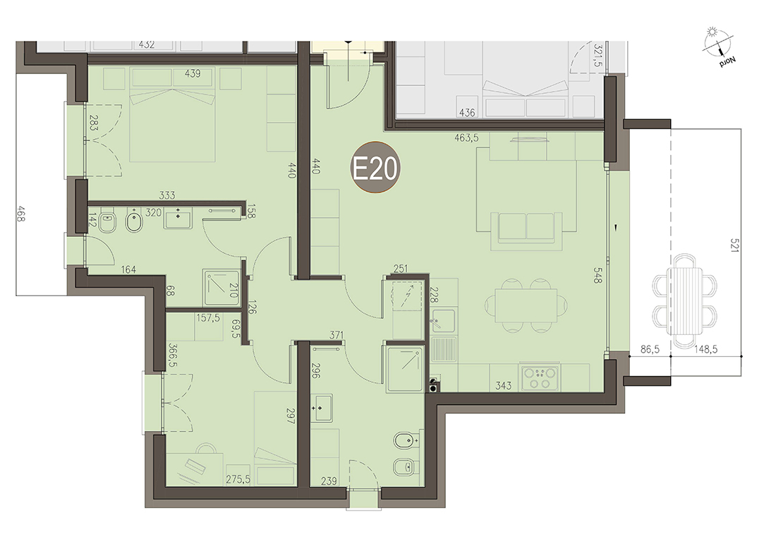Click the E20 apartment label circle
tap(375, 168)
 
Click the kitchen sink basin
tap(443, 320)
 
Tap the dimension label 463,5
tap(466, 138)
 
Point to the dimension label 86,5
tap(650, 349)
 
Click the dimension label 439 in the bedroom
tap(193, 73)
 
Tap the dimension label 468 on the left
tap(20, 214)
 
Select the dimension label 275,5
tap(238, 480)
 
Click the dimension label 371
tap(336, 335)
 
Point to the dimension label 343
tap(504, 386)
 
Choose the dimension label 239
tap(329, 481)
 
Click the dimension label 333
tap(167, 195)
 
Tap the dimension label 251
tap(401, 269)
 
